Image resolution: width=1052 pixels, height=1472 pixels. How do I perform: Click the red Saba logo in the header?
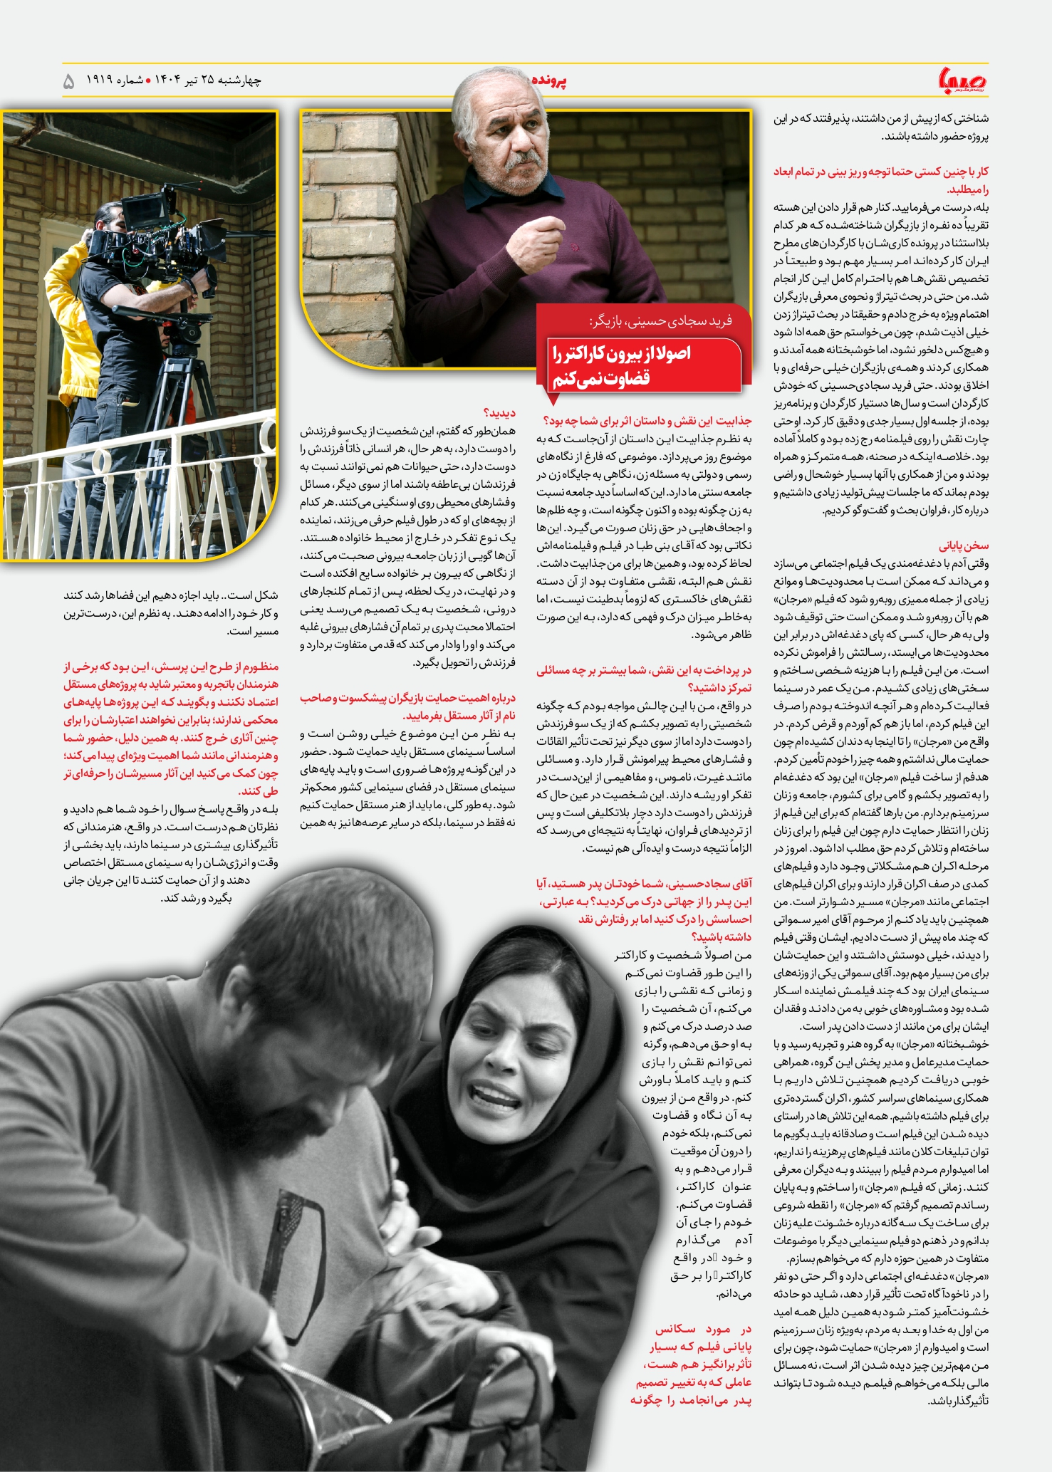[x=962, y=80]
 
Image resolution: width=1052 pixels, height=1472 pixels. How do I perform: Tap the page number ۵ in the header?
[x=69, y=81]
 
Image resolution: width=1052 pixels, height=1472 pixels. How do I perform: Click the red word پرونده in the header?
[x=548, y=80]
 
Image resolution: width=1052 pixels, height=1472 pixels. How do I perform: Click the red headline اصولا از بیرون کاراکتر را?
[x=620, y=353]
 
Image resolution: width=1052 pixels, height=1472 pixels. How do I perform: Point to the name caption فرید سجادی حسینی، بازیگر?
[x=660, y=320]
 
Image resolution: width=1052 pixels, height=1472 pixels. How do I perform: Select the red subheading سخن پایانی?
[x=964, y=546]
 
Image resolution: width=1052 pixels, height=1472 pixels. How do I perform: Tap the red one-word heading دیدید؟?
[x=499, y=413]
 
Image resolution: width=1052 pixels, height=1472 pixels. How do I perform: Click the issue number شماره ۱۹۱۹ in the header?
[x=115, y=80]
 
